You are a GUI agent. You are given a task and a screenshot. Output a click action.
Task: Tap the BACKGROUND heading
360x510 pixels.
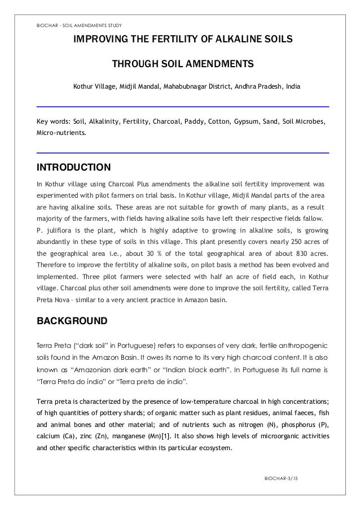coord(71,321)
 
